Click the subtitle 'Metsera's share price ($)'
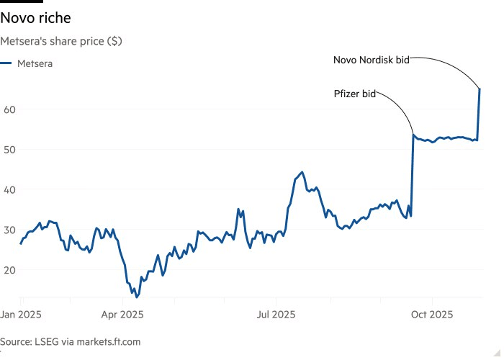tap(61, 41)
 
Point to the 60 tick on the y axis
tap(9, 109)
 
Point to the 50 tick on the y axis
tap(9, 150)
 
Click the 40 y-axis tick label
tap(9, 189)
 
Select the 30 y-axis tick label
tap(9, 230)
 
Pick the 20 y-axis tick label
tap(9, 270)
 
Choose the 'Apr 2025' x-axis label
tap(122, 315)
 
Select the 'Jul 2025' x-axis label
tap(276, 315)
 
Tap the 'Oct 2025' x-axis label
tap(432, 315)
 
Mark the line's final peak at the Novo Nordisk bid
tap(480, 89)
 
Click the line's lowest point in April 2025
tap(137, 297)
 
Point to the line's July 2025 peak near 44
tap(302, 172)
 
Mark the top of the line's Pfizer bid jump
tap(413, 135)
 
